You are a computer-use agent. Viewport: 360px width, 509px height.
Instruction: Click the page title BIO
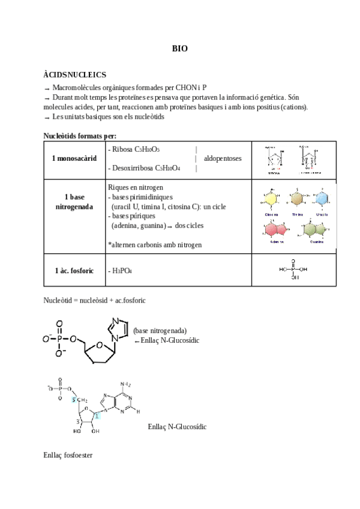tap(180, 49)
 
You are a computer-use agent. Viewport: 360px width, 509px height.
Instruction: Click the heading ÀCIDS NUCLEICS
tap(75, 75)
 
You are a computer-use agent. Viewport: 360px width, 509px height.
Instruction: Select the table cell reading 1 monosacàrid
tap(74, 158)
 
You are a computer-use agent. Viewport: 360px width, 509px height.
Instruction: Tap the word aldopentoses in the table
tap(223, 158)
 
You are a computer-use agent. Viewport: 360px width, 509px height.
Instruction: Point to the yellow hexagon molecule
tap(271, 200)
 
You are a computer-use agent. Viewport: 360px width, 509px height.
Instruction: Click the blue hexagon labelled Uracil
tap(322, 199)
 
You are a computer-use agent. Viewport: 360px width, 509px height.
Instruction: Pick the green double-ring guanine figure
tap(314, 229)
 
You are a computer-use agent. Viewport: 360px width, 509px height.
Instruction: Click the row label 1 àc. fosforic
tap(74, 271)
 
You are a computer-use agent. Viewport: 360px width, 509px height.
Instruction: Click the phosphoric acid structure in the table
tap(294, 270)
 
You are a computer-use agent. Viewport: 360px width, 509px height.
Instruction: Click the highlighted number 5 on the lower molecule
tap(74, 399)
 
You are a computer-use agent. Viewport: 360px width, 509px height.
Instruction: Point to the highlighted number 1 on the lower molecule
tap(97, 417)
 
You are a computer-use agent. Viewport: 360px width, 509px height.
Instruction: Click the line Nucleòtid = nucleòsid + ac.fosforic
tap(95, 299)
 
